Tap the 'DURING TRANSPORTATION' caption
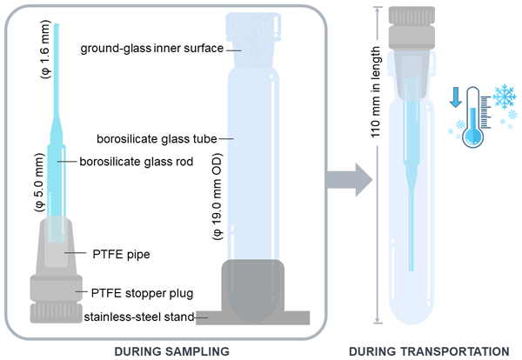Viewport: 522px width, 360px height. point(428,350)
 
